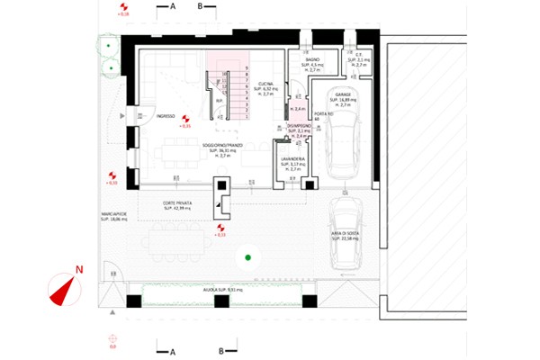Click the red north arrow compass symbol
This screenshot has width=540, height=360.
pos(61,287)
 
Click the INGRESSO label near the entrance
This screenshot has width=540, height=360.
pos(166,116)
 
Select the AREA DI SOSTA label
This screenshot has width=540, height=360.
pos(346,236)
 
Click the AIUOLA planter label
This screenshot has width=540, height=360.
pos(221,290)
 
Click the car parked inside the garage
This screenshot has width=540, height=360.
pos(341,144)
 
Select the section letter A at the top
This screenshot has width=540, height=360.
pos(171,5)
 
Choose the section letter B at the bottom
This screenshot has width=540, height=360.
pos(220,349)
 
